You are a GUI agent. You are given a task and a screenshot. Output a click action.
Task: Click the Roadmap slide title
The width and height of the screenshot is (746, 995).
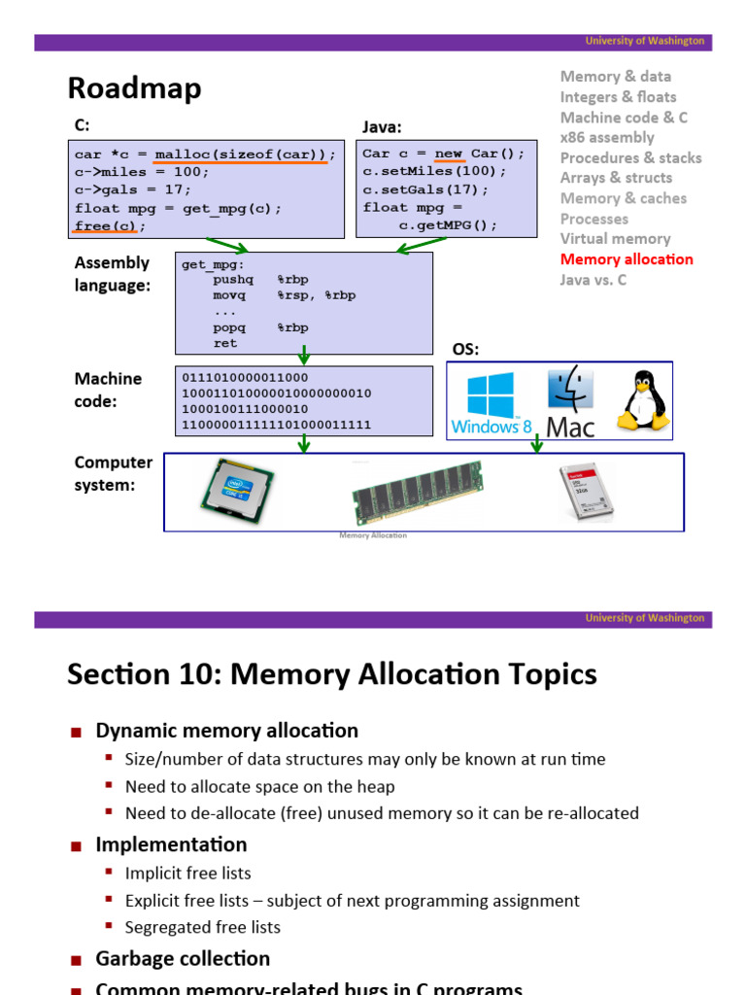(134, 88)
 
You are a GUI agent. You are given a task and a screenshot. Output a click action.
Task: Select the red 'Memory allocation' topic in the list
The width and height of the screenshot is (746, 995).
(627, 259)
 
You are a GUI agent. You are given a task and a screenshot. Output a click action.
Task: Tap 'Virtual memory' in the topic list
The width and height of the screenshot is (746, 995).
(615, 239)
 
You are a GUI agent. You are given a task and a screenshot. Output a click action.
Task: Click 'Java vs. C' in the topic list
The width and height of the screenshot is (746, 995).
(593, 280)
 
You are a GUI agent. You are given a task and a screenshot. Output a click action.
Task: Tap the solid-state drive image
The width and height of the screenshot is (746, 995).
(588, 493)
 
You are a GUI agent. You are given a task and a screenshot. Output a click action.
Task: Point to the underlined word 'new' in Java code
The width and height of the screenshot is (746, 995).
(448, 154)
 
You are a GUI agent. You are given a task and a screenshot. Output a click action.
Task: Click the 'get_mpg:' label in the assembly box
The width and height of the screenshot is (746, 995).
(213, 264)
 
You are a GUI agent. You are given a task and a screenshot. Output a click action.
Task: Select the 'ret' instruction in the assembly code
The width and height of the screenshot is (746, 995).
(225, 343)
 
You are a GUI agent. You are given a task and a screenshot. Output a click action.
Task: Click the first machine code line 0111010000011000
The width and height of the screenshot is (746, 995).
(245, 378)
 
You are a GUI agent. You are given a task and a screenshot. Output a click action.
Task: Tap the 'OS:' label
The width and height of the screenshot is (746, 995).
(466, 350)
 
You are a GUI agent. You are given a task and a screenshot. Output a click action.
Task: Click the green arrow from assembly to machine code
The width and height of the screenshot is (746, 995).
(304, 355)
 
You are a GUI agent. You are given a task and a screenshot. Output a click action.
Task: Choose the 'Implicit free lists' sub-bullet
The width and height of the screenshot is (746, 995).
(187, 873)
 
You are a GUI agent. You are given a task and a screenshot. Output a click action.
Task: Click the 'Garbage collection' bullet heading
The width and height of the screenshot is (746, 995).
(183, 959)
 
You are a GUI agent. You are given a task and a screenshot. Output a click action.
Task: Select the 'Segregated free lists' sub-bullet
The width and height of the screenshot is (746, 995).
(202, 927)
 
